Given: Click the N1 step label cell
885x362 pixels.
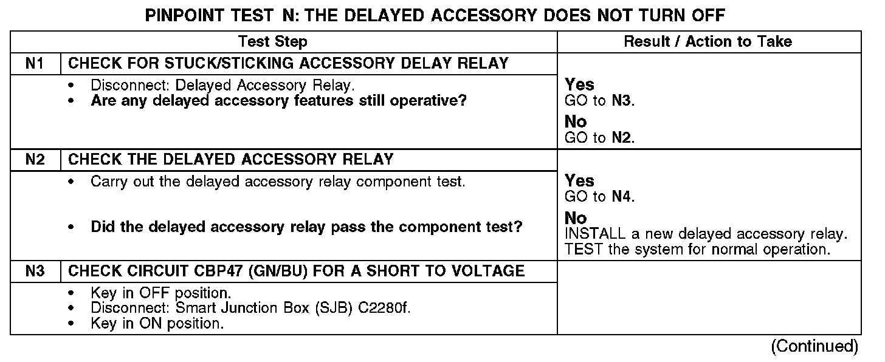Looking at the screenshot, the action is (35, 64).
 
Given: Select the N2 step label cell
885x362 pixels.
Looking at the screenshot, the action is (35, 160).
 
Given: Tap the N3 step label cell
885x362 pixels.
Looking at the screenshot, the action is (35, 271).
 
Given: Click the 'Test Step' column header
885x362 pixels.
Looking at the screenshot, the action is (272, 42).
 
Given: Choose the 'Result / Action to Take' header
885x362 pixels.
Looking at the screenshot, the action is (708, 42).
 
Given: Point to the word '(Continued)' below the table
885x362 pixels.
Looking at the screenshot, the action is (814, 347).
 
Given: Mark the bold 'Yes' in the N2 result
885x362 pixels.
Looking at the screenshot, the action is (580, 181).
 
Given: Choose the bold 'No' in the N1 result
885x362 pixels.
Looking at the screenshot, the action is (576, 123).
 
